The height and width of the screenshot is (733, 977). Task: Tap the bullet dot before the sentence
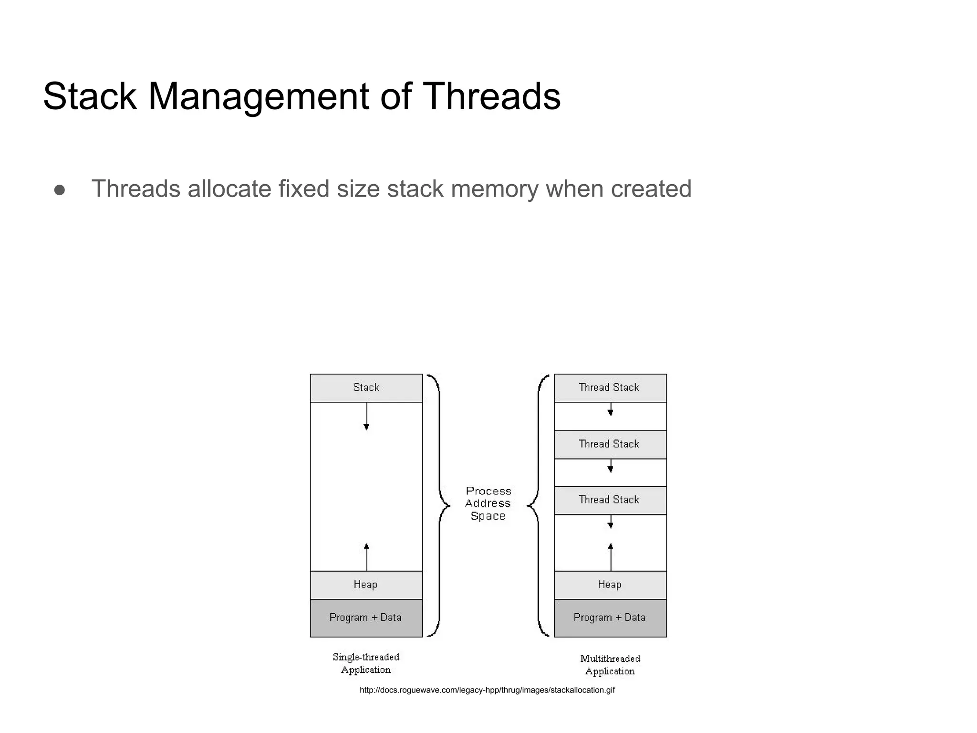click(x=60, y=190)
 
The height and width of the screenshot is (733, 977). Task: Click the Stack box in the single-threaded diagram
click(x=366, y=388)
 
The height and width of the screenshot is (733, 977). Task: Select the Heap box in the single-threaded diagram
click(x=366, y=585)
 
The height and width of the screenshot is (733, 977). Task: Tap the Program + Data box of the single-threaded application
click(x=366, y=618)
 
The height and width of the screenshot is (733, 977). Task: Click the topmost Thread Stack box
click(x=610, y=388)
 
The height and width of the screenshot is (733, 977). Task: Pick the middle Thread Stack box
click(x=610, y=444)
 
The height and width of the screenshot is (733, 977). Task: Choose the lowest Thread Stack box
click(x=610, y=500)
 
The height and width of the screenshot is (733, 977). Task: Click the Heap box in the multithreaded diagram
click(x=610, y=585)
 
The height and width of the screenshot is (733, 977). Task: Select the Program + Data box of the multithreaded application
click(x=610, y=618)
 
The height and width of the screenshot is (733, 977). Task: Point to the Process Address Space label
click(x=488, y=503)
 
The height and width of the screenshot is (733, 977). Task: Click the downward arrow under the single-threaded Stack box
click(x=366, y=417)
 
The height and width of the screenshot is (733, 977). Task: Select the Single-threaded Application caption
click(x=366, y=663)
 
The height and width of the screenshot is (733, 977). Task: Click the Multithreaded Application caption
click(x=610, y=665)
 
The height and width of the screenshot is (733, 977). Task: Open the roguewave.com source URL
click(x=487, y=690)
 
